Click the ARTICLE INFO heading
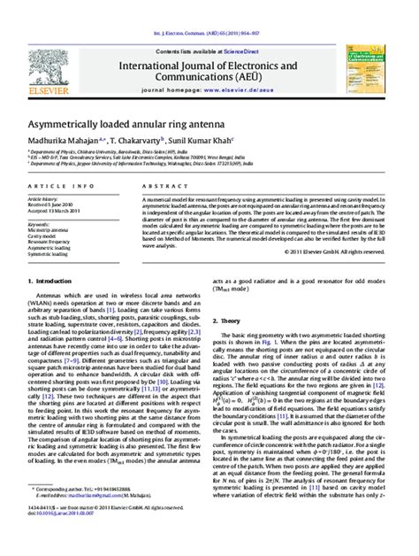point(57,185)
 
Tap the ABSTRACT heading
point(159,185)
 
